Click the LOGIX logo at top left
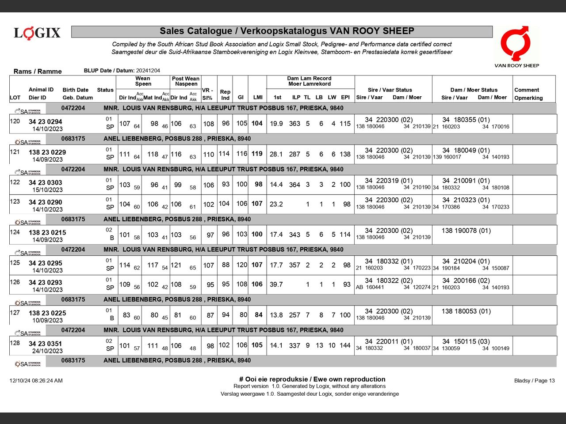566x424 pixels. tap(37, 33)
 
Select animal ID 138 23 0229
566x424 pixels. tap(47, 152)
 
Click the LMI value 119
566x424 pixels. tap(257, 154)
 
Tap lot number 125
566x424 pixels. tap(15, 263)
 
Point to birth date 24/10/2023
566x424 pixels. tap(47, 351)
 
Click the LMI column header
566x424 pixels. tap(257, 97)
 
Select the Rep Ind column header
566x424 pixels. tap(225, 95)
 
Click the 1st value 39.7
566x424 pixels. tap(276, 284)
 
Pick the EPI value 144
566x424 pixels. tap(345, 345)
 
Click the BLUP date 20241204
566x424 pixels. tap(148, 71)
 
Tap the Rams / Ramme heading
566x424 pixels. tap(38, 71)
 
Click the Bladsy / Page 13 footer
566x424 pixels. tap(534, 381)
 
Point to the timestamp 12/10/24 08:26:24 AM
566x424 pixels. tap(36, 381)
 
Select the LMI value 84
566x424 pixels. tap(259, 315)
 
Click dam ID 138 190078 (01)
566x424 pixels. tap(466, 231)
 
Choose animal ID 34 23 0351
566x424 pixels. tap(46, 344)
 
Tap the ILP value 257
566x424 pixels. tap(294, 315)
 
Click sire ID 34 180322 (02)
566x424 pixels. tap(389, 280)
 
